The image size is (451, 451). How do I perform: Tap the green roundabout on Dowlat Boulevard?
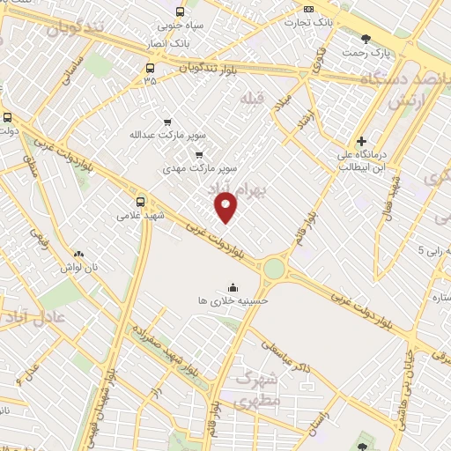click(275, 268)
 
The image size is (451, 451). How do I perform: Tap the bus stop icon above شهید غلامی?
click(140, 200)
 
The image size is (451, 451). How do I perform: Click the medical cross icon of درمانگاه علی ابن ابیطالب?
click(361, 141)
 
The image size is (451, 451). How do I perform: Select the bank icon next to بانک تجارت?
click(307, 10)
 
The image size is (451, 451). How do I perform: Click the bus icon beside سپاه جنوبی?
click(180, 11)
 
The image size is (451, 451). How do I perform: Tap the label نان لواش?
click(78, 265)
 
